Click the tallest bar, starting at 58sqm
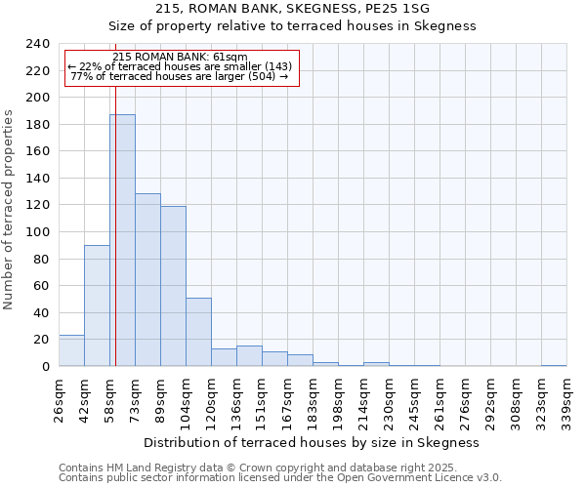122,240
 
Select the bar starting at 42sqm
97,305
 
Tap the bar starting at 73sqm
147,280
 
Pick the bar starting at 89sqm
173,286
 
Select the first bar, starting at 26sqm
71,350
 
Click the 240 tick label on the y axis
37,44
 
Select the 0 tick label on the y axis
45,367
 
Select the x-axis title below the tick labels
312,442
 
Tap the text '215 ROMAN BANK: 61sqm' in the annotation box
180,57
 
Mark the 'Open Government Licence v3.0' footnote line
279,478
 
